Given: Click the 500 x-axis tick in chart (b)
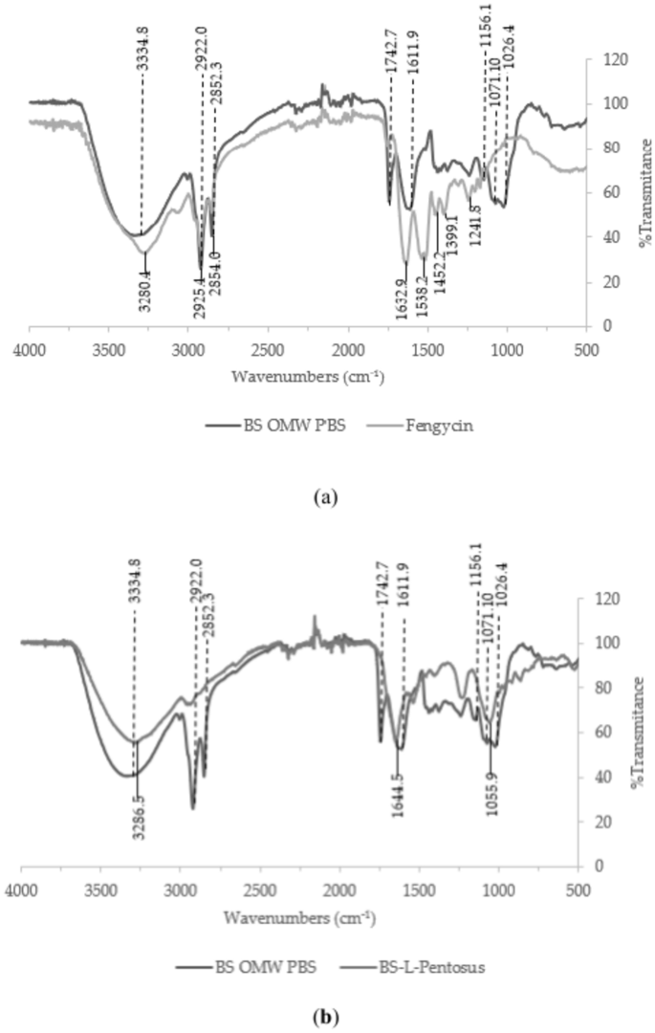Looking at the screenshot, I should tap(578, 883).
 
